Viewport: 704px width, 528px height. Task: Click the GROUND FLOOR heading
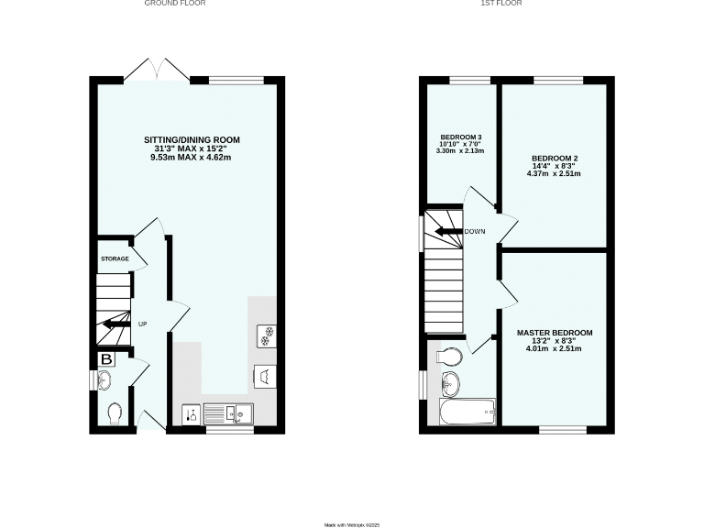[174, 4]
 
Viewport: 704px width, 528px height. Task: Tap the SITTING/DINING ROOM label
[192, 140]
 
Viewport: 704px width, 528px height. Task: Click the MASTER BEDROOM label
[554, 332]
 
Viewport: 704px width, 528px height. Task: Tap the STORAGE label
[115, 259]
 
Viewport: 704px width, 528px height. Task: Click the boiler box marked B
[106, 358]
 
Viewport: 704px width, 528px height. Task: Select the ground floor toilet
[115, 414]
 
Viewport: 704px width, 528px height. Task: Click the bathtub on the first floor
[467, 412]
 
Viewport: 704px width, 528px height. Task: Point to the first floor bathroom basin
[450, 381]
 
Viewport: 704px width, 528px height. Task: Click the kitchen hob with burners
[269, 335]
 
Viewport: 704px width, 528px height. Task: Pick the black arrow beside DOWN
[448, 232]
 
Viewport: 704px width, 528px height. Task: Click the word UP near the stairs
[142, 324]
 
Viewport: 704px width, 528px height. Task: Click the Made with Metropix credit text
[352, 524]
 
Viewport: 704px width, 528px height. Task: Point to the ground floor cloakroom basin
[103, 380]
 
